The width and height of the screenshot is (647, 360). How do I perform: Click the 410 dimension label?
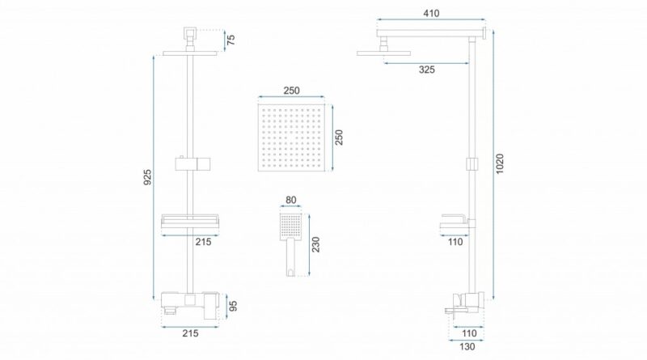click(x=431, y=13)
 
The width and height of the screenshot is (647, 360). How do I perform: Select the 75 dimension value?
click(x=231, y=40)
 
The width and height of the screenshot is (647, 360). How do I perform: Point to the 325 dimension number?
click(x=427, y=70)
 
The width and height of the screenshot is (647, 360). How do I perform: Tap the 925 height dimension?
click(x=147, y=176)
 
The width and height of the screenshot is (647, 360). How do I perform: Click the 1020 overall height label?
click(x=500, y=163)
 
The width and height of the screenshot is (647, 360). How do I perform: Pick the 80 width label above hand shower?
click(x=291, y=200)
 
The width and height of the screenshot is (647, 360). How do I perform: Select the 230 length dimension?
click(x=315, y=244)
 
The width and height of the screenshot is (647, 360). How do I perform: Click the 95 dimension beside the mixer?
click(x=233, y=306)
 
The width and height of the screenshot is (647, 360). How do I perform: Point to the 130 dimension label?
click(x=467, y=347)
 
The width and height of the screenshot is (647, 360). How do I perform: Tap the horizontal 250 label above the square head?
click(x=292, y=91)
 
